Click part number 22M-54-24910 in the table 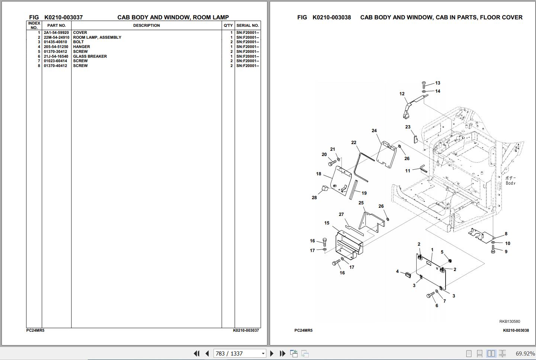(57, 37)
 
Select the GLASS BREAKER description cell (90, 56)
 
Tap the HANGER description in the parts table (81, 47)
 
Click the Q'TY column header (228, 25)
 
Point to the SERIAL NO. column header (248, 25)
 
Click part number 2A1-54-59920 (56, 32)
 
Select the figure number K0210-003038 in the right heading (332, 17)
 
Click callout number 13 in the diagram (438, 83)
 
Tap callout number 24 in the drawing (374, 131)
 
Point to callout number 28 (314, 198)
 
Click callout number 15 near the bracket (327, 223)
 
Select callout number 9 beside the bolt (506, 252)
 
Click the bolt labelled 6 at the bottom (430, 295)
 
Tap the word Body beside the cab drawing (511, 183)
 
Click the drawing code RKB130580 (510, 321)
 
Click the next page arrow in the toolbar (272, 353)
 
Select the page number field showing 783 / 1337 (240, 354)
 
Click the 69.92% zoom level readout (525, 354)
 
